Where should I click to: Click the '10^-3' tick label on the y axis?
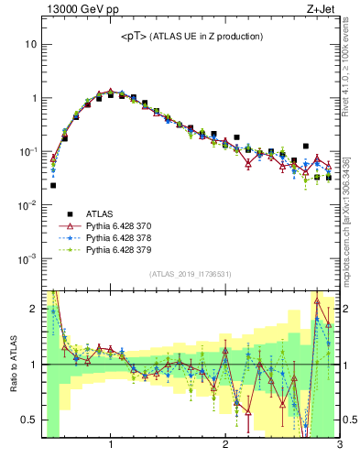tap(27, 258)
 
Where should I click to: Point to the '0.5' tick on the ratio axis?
tap(27, 420)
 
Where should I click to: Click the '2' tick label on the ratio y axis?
tap(34, 309)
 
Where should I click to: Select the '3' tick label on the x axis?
tap(339, 447)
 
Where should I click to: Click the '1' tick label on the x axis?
tap(111, 447)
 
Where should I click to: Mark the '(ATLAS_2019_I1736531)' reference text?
tap(191, 274)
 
